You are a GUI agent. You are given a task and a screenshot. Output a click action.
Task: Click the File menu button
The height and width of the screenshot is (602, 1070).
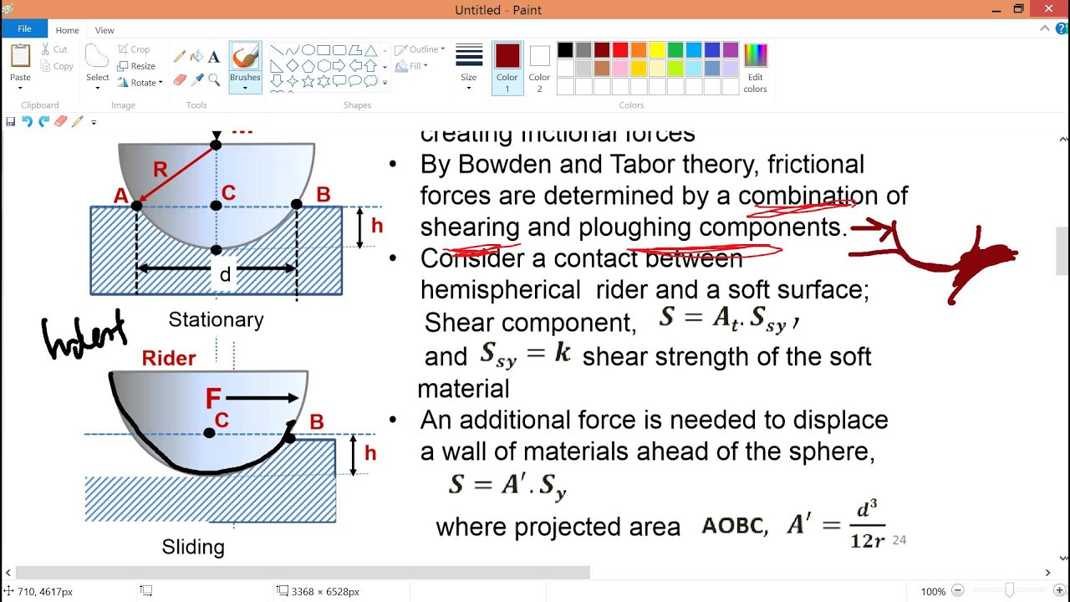pyautogui.click(x=24, y=29)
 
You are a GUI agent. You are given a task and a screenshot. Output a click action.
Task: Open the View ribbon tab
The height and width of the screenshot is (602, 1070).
pyautogui.click(x=104, y=30)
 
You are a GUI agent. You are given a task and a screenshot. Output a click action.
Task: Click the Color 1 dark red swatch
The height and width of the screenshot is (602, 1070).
pyautogui.click(x=507, y=67)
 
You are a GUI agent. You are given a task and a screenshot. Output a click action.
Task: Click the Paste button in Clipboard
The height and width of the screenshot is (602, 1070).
pyautogui.click(x=20, y=67)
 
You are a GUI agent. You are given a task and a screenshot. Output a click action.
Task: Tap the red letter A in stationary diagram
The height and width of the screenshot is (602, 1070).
pyautogui.click(x=121, y=196)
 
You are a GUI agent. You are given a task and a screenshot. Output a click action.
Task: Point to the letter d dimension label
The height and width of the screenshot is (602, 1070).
pyautogui.click(x=224, y=274)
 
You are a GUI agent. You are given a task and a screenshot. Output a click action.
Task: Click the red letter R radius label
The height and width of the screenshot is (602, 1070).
pyautogui.click(x=160, y=170)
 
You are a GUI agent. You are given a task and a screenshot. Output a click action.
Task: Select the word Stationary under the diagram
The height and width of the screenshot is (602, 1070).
pyautogui.click(x=216, y=319)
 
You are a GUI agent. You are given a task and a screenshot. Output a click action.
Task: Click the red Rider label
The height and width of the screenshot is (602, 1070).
pyautogui.click(x=169, y=358)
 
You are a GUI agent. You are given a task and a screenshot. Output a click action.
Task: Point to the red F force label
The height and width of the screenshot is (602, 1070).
pyautogui.click(x=213, y=398)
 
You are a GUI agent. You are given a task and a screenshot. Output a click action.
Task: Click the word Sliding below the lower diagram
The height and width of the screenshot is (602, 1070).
pyautogui.click(x=193, y=547)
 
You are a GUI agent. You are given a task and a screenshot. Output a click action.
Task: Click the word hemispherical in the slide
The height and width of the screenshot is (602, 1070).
pyautogui.click(x=500, y=290)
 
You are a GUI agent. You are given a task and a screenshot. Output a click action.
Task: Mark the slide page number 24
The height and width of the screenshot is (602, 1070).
pyautogui.click(x=899, y=540)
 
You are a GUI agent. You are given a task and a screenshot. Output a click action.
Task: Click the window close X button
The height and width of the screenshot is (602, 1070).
pyautogui.click(x=1048, y=9)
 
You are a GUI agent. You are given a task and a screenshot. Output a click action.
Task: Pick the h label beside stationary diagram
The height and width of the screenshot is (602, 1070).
pyautogui.click(x=377, y=226)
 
